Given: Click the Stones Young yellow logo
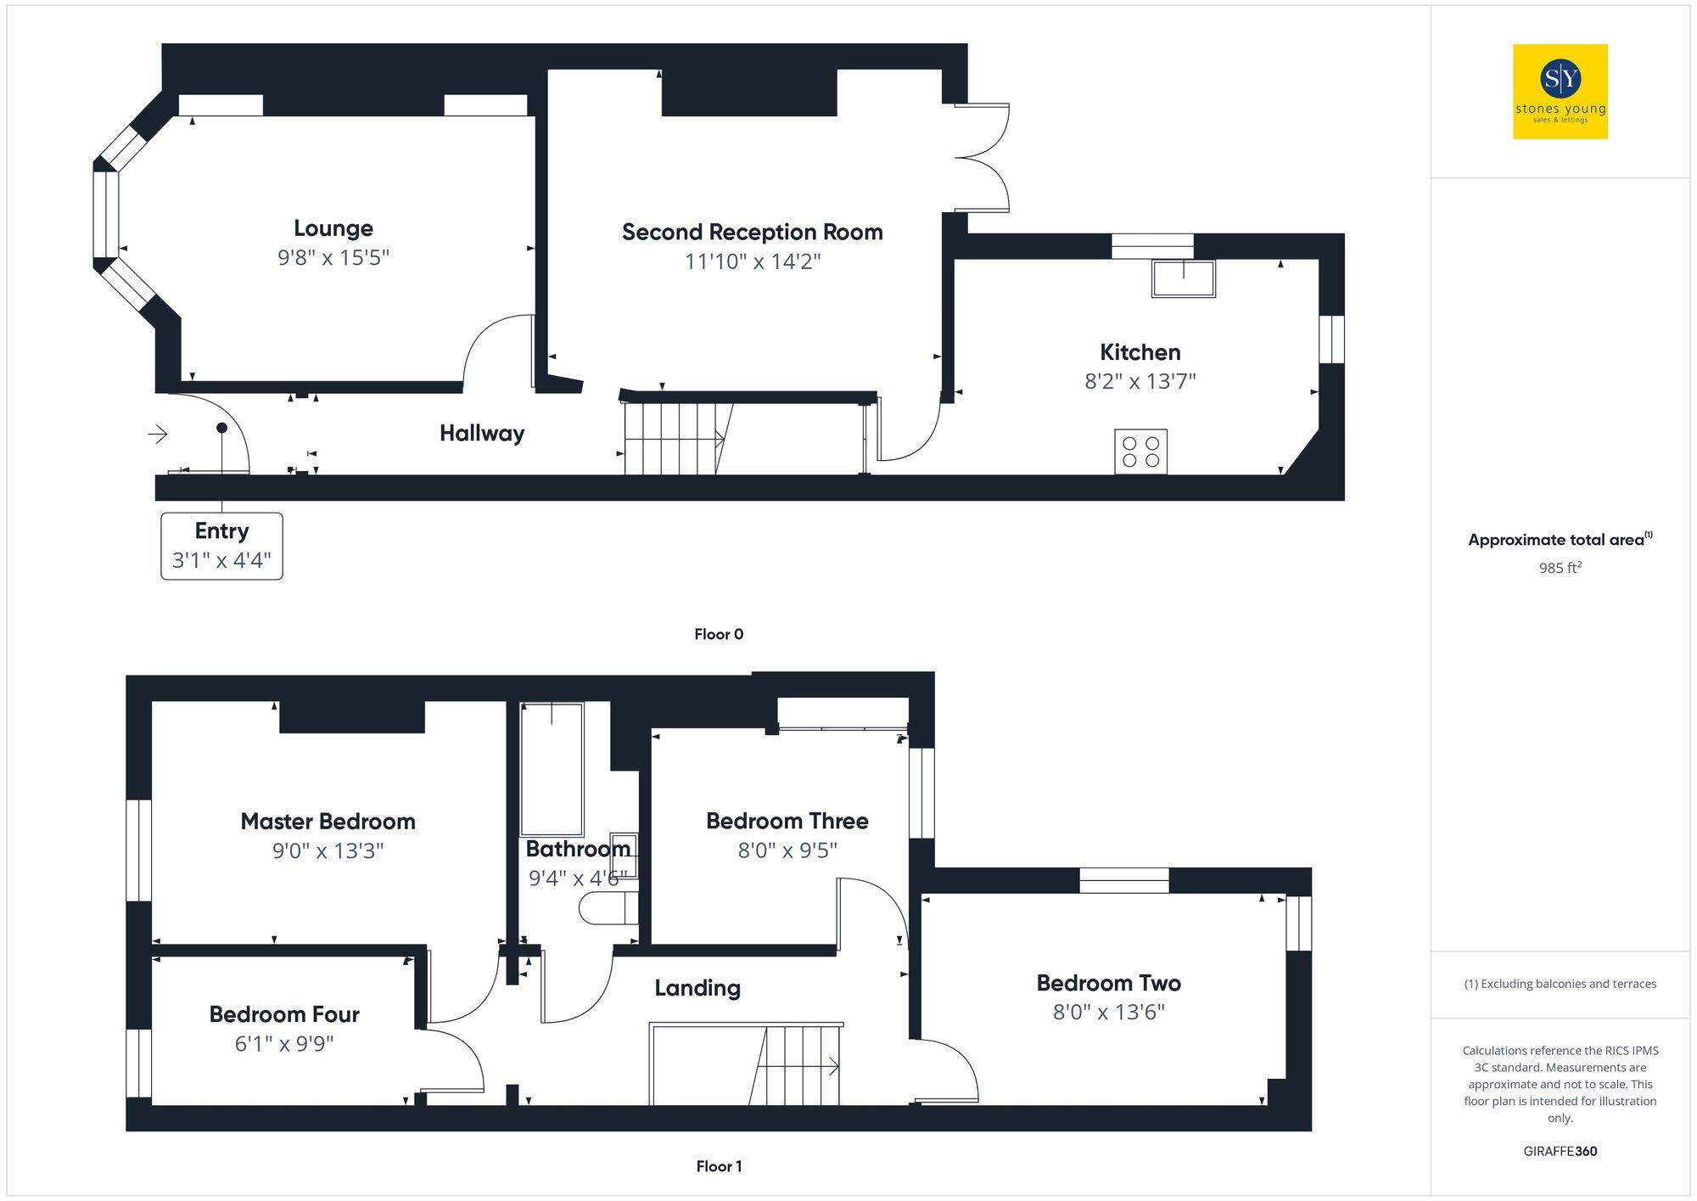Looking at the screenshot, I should click(x=1560, y=92).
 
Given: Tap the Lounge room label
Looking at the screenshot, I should click(x=333, y=228).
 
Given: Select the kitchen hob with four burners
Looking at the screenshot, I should click(x=1140, y=452).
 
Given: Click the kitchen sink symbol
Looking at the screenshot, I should click(x=1183, y=278).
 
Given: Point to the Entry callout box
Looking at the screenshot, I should click(x=221, y=546).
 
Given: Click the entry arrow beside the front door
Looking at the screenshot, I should click(x=158, y=435).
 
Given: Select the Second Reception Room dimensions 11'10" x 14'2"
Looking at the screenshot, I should click(x=753, y=261).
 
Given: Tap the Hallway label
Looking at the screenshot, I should click(x=481, y=434).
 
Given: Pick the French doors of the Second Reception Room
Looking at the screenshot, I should click(x=983, y=157).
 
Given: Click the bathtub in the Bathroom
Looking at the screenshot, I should click(x=552, y=770).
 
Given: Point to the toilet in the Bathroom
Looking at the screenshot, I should click(x=607, y=910).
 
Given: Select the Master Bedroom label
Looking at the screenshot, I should click(x=328, y=822).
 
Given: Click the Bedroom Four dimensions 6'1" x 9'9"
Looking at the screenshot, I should click(x=284, y=1043).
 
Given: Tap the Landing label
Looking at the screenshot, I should click(x=697, y=988).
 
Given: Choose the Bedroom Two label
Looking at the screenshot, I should click(x=1108, y=983).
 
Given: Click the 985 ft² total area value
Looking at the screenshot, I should click(x=1560, y=568).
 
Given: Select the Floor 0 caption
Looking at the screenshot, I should click(x=719, y=634).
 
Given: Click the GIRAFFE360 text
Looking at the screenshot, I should click(x=1560, y=1151).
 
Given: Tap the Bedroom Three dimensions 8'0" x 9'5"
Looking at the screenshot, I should click(x=787, y=850).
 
